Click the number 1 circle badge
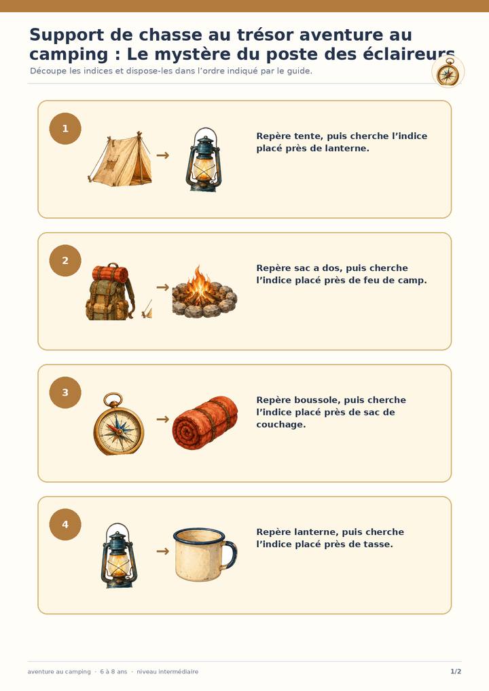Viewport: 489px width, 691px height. tap(65, 129)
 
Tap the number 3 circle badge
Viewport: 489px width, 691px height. tap(65, 392)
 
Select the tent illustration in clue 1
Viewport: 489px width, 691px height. tap(120, 159)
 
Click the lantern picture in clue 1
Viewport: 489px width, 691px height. tap(204, 160)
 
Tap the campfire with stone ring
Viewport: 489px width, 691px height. tap(204, 292)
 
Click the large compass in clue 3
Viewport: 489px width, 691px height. tap(119, 424)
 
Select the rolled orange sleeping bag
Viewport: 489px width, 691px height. tap(204, 423)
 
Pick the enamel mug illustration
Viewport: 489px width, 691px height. tap(205, 555)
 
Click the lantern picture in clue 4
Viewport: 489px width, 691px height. tap(119, 556)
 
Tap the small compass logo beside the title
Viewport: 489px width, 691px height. tap(448, 72)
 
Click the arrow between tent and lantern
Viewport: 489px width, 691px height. tap(163, 155)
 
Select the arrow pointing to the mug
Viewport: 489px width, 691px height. tap(163, 551)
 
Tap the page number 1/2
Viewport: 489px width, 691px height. tap(456, 671)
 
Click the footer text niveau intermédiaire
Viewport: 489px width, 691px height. tap(168, 671)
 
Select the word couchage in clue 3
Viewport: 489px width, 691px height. tap(281, 424)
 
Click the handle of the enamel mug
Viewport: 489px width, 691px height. tap(230, 555)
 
